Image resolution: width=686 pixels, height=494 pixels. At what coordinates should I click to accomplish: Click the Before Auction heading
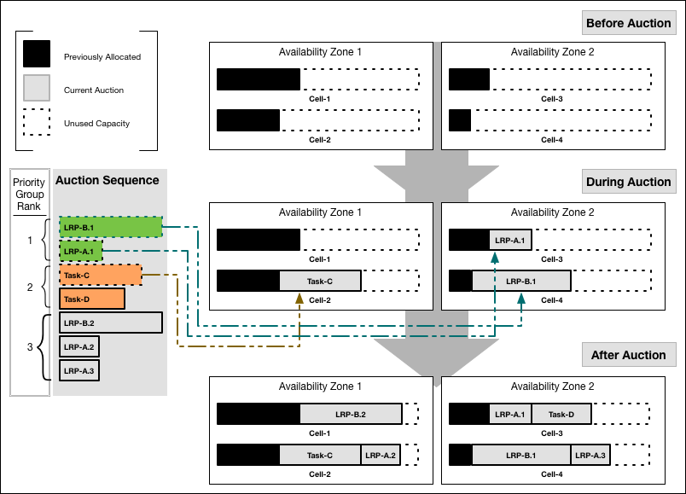[x=628, y=23]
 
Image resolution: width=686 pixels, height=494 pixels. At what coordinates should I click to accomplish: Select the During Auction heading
[x=628, y=182]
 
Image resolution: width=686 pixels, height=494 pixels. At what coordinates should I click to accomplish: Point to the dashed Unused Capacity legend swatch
[x=37, y=123]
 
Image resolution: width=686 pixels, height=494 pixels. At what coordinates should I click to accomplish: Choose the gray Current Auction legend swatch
[x=37, y=90]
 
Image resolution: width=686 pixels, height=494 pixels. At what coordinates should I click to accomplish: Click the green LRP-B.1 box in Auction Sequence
[x=110, y=227]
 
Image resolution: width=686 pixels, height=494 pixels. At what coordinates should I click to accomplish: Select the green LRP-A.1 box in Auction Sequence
[x=80, y=251]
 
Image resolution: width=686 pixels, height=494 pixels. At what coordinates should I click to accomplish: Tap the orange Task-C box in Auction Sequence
[x=100, y=275]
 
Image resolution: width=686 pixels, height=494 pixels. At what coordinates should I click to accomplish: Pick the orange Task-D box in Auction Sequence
[x=91, y=299]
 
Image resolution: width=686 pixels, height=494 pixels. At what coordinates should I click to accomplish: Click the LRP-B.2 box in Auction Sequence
[x=110, y=323]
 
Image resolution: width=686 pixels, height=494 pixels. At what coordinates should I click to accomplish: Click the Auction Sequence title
[x=107, y=180]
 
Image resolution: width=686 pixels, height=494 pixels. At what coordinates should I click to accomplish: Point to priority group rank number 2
[x=30, y=288]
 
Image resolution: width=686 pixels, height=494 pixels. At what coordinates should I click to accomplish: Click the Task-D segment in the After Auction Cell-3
[x=561, y=415]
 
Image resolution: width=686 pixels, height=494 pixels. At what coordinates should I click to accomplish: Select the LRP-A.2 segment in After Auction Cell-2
[x=381, y=455]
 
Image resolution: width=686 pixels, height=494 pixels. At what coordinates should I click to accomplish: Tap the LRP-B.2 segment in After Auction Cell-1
[x=351, y=415]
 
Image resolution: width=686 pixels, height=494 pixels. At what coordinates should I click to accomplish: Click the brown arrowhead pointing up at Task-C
[x=299, y=298]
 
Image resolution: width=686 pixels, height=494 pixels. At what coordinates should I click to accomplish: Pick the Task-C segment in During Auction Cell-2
[x=320, y=281]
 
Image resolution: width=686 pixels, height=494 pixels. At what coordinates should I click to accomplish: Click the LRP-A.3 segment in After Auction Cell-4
[x=590, y=455]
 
